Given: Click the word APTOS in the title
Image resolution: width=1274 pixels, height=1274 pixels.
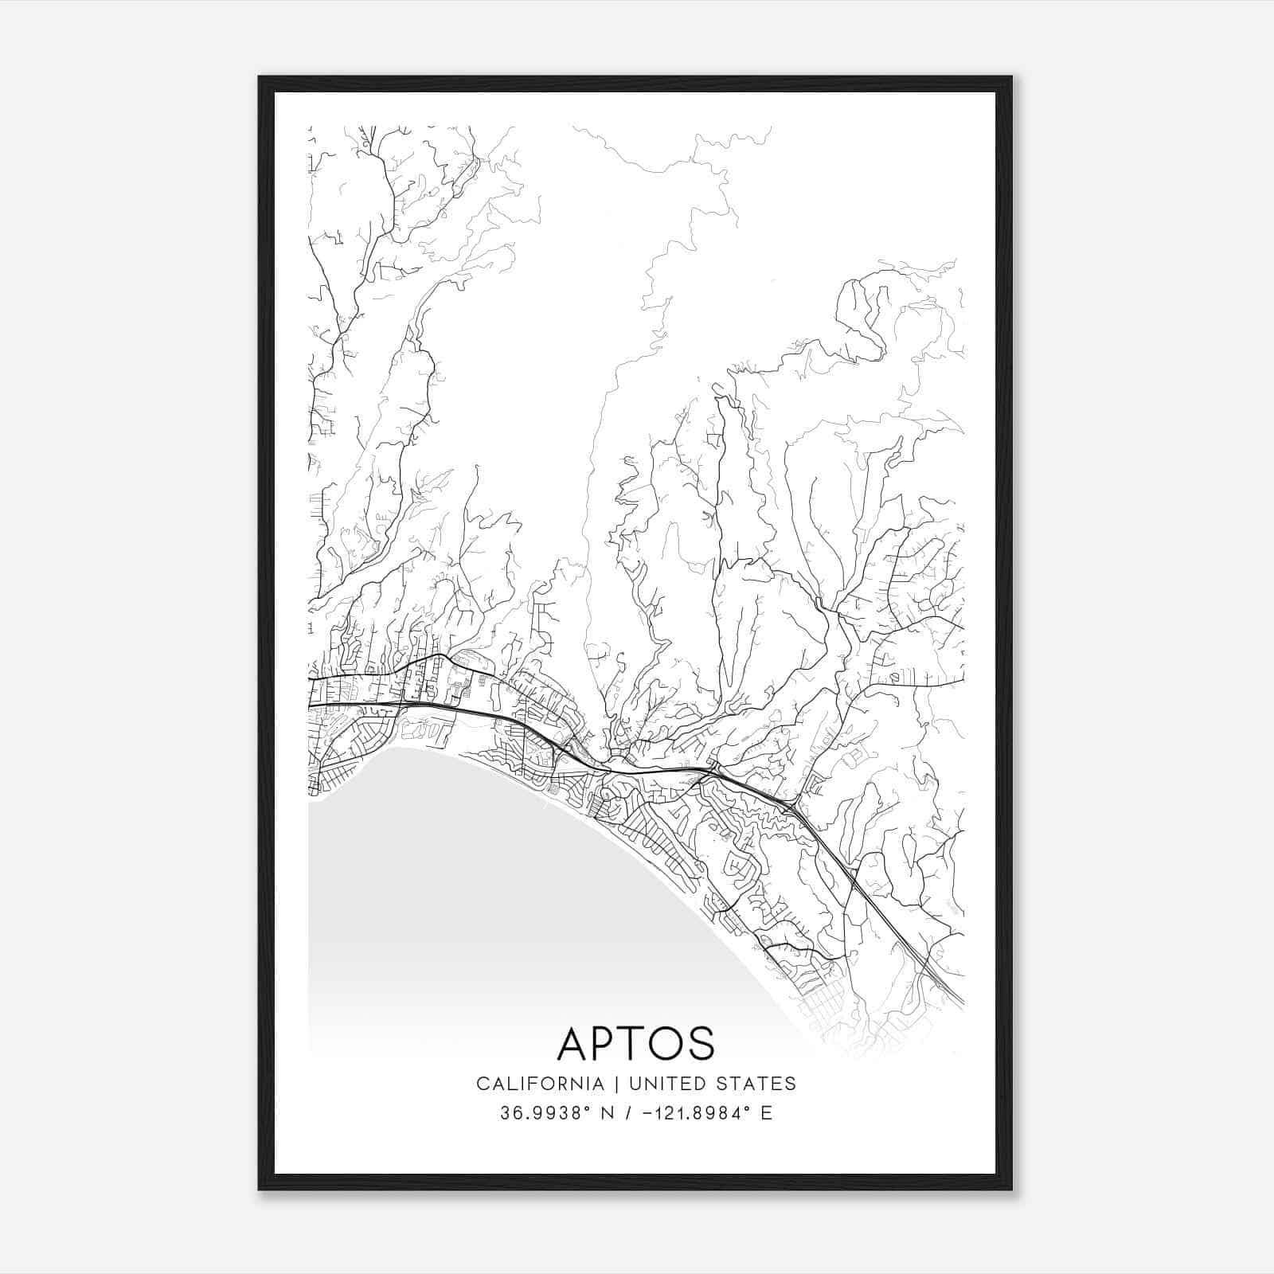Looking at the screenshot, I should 635,1044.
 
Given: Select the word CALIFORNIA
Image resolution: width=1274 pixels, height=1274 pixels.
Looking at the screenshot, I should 540,1084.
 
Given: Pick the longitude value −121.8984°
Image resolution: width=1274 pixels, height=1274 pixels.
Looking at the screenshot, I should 701,1113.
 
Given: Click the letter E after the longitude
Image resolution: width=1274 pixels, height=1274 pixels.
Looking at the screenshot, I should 767,1113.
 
